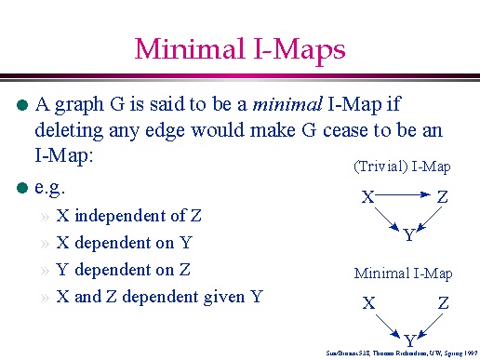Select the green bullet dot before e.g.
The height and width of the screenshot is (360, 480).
point(24,188)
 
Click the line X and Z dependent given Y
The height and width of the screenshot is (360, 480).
point(159,297)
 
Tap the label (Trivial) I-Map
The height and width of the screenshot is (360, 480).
point(402,167)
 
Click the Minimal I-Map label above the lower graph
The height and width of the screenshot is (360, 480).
point(403,273)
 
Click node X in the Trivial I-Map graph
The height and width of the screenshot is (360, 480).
point(368,197)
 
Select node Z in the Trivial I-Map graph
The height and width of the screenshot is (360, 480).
point(442,197)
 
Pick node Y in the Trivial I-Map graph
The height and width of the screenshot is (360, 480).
point(408,236)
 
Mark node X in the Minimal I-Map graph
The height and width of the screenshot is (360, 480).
point(368,303)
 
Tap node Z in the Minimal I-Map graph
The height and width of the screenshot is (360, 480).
point(443,303)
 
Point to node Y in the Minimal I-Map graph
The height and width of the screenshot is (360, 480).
point(409,340)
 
